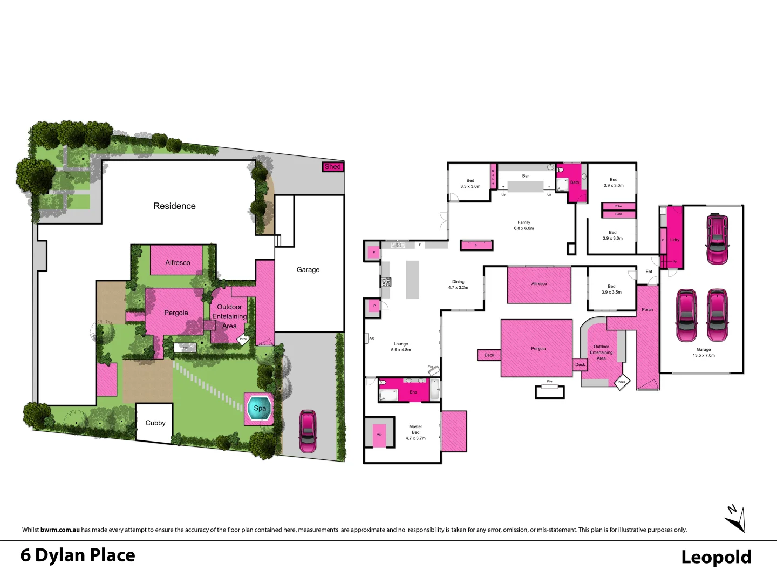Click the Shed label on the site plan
333,167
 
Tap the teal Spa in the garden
260,408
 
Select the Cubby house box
155,423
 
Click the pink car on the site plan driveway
308,431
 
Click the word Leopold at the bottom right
716,557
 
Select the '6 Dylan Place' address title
78,555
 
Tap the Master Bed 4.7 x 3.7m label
415,432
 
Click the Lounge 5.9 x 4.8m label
401,347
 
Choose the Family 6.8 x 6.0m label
524,225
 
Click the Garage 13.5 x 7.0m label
704,352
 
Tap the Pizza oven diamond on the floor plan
622,382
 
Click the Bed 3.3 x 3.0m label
470,184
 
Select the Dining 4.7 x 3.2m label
458,284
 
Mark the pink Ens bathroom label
413,392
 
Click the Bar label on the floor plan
526,176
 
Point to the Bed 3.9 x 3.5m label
611,289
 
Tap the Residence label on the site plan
174,206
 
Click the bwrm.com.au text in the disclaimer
60,530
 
